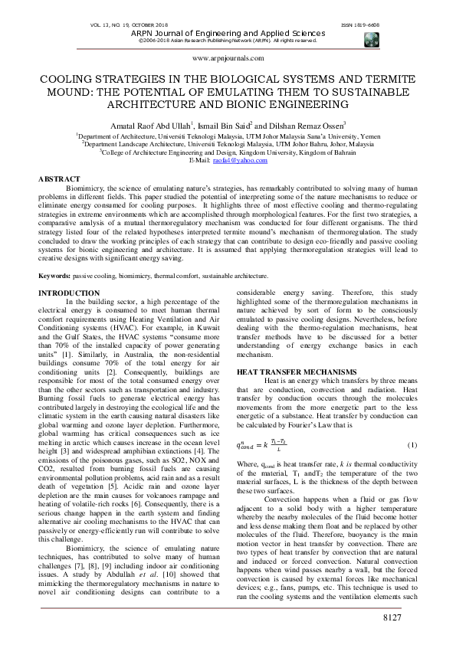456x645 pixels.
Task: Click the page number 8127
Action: point(424,617)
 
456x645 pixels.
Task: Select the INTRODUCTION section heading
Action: point(69,293)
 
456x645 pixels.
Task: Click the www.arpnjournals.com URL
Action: point(228,57)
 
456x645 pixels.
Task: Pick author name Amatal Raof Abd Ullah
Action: point(151,124)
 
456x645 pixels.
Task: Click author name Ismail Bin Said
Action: point(225,124)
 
